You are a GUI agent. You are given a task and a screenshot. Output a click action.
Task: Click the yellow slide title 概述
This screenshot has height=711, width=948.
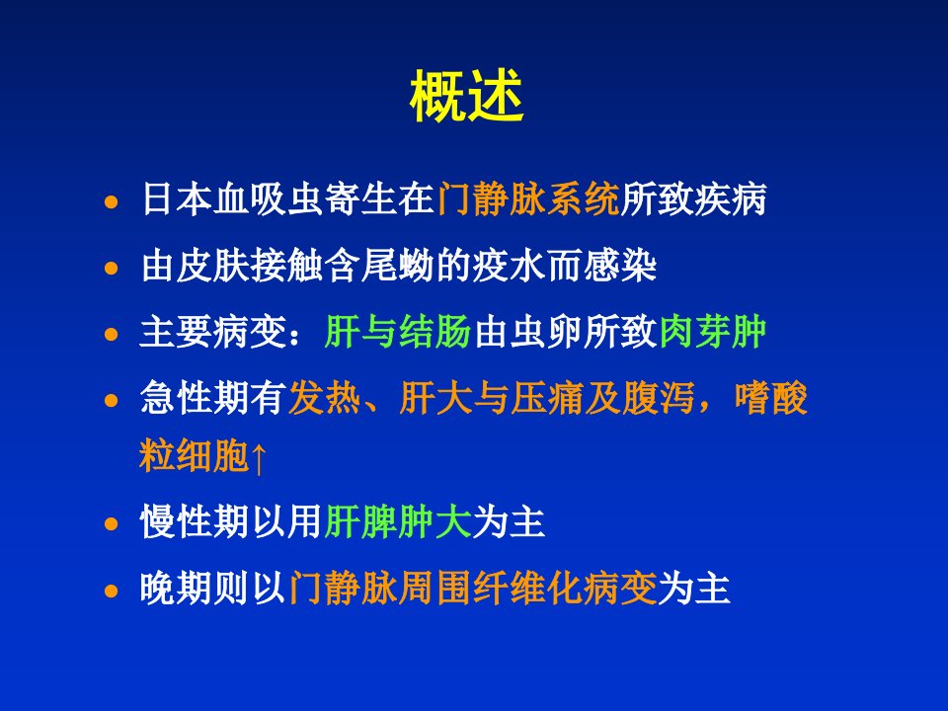(x=467, y=97)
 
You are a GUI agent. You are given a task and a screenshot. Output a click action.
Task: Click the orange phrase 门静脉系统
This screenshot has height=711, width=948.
(x=528, y=198)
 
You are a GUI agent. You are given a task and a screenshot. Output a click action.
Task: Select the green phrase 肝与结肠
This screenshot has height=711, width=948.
(x=398, y=332)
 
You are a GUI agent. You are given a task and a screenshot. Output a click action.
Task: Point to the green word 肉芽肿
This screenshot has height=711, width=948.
(x=713, y=332)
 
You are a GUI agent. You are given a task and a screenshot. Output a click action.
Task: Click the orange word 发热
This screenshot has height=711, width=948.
(x=325, y=398)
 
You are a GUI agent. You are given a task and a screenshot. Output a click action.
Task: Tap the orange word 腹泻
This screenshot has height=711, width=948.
(x=658, y=398)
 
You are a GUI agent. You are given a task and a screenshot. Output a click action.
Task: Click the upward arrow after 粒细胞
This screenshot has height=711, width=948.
(x=258, y=457)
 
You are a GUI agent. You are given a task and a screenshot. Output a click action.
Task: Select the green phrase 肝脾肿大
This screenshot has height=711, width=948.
(x=398, y=521)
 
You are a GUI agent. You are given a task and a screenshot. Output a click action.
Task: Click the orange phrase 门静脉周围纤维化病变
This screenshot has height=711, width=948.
(x=473, y=588)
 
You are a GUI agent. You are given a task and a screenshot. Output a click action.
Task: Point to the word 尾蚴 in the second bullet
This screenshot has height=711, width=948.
(x=398, y=266)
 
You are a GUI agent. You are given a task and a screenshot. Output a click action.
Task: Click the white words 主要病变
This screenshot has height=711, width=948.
(x=213, y=332)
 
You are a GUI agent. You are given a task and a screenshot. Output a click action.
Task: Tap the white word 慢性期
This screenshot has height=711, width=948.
(x=195, y=521)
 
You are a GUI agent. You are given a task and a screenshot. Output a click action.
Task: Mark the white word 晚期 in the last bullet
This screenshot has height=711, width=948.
(x=177, y=588)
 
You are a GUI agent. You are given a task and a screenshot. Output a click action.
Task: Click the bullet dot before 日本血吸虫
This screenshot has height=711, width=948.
(x=112, y=201)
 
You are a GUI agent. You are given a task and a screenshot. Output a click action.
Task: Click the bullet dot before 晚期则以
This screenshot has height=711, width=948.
(x=112, y=591)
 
